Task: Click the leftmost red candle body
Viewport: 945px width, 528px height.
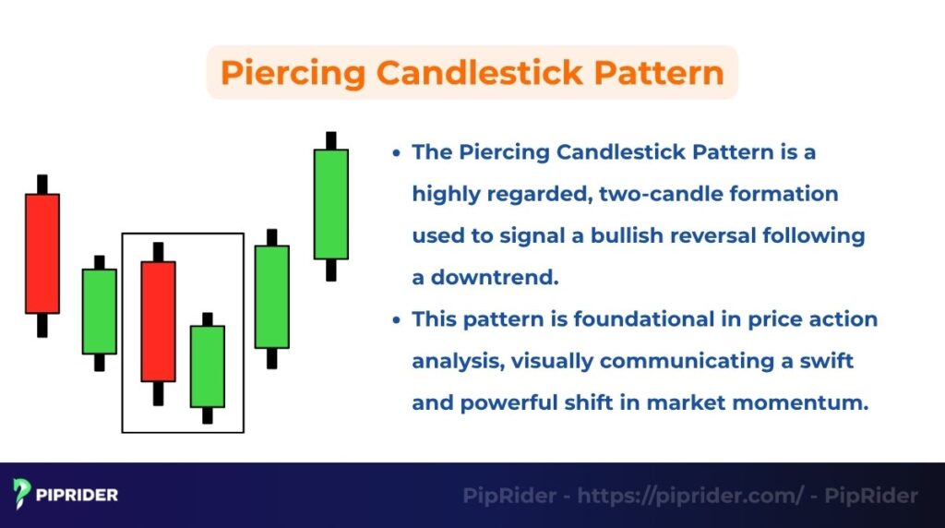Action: (42, 253)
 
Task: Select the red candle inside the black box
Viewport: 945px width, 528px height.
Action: (158, 320)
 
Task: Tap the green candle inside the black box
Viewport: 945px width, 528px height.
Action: (207, 366)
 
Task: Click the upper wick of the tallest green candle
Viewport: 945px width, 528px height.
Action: (330, 140)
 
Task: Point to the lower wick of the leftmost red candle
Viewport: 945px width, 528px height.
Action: (42, 325)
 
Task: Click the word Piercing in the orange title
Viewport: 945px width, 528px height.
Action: (290, 72)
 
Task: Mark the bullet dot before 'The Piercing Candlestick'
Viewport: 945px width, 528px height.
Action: (396, 153)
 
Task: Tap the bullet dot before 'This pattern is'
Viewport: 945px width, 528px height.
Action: (396, 320)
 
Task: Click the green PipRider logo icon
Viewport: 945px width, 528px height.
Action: (23, 495)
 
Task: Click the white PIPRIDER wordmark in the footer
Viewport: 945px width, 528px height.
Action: (78, 496)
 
